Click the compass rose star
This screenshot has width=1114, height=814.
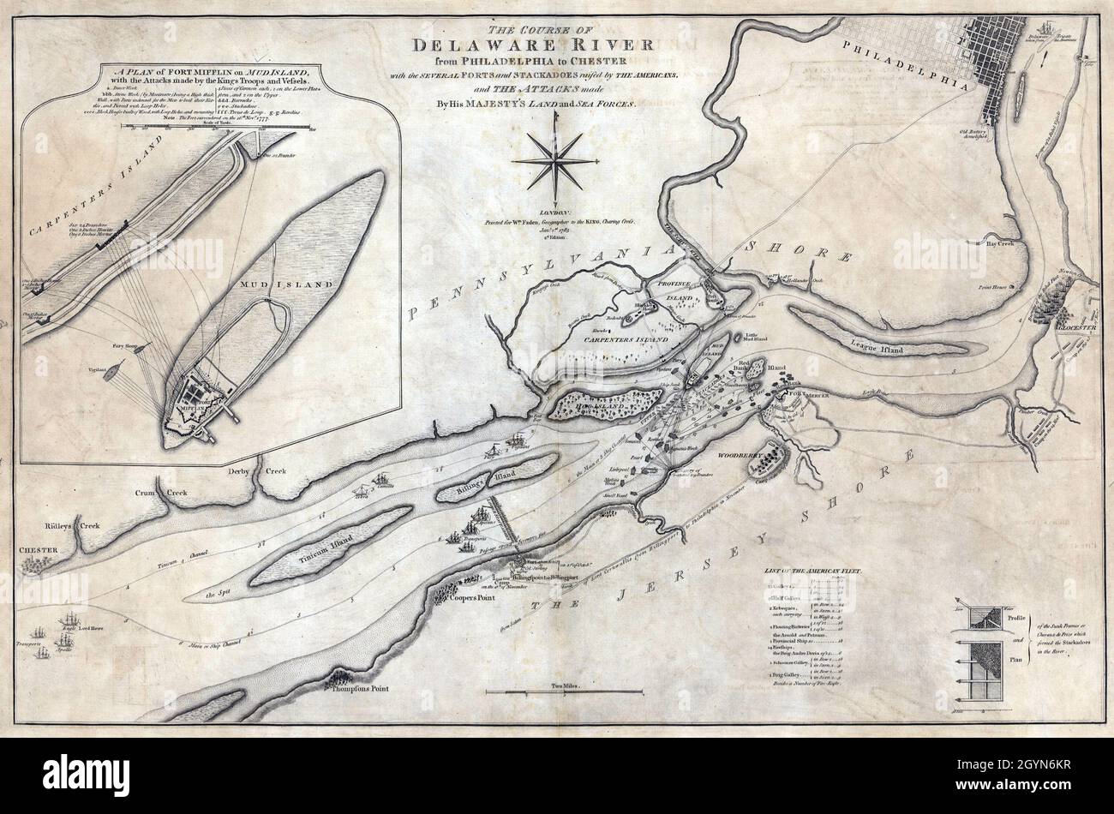[x=556, y=159]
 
